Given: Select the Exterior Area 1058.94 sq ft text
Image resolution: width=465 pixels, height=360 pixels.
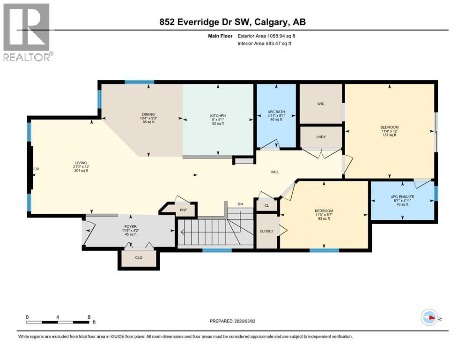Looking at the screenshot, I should pyautogui.click(x=266, y=36).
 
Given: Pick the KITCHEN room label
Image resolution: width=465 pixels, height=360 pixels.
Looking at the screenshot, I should pyautogui.click(x=218, y=116).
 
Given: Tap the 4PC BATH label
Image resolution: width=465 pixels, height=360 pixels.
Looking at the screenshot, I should pyautogui.click(x=276, y=112).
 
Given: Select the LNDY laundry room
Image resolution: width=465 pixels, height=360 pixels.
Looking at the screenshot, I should pyautogui.click(x=321, y=137).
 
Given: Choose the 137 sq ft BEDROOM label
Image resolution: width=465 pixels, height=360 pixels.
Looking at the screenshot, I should pyautogui.click(x=389, y=127).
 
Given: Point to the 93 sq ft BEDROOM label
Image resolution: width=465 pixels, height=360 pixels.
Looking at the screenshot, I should pyautogui.click(x=324, y=210).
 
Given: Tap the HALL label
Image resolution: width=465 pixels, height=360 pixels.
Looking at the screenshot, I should pyautogui.click(x=275, y=172).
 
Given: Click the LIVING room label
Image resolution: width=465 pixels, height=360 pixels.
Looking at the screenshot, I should pyautogui.click(x=81, y=163).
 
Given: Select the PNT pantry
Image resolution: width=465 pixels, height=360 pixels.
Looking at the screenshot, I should pyautogui.click(x=184, y=210).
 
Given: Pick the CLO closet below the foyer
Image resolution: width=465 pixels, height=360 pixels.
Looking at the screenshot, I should pyautogui.click(x=138, y=257).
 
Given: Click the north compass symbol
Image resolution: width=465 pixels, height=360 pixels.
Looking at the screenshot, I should pyautogui.click(x=429, y=318).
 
